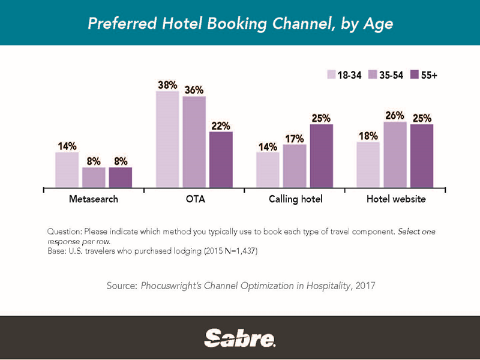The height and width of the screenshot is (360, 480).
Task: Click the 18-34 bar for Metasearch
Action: [67, 170]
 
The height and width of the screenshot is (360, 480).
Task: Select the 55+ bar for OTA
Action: [220, 160]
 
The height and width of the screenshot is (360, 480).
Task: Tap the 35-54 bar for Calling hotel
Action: [294, 166]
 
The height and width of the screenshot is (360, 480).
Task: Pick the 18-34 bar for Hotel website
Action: [368, 165]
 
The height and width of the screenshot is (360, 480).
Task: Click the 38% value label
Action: [167, 85]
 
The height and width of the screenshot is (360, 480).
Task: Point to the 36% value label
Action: [193, 89]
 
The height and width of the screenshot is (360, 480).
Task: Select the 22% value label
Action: [220, 125]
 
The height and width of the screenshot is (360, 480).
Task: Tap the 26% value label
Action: [395, 115]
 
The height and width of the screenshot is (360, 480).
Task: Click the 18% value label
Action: [368, 136]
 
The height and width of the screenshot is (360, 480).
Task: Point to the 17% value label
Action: [294, 139]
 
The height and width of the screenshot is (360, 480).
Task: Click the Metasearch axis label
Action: [94, 199]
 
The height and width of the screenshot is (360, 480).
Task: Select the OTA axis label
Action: [195, 199]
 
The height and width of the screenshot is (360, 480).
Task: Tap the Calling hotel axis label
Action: [296, 199]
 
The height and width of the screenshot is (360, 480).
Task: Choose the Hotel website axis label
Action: [396, 199]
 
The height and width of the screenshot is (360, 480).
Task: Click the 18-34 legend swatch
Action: [331, 75]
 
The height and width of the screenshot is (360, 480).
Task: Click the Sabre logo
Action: [240, 338]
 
